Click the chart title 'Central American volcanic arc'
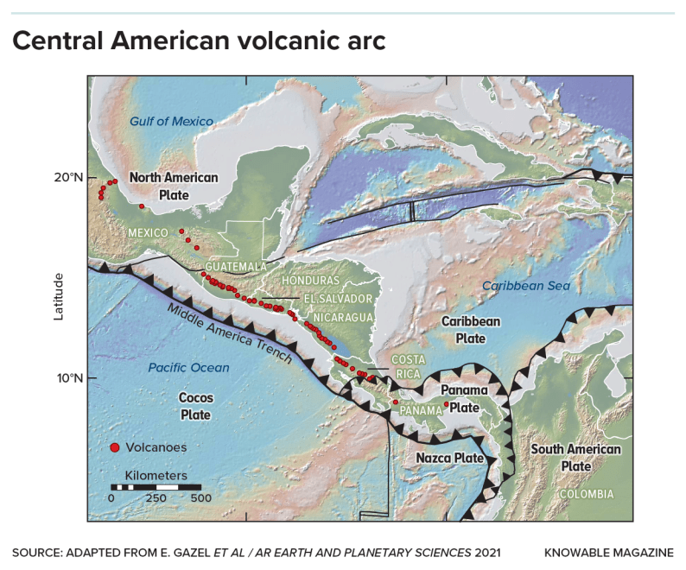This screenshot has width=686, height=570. coord(199,41)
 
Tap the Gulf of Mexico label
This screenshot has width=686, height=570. coord(171,122)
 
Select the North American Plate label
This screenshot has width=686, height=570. coord(174,185)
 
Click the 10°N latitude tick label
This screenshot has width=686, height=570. coord(68,377)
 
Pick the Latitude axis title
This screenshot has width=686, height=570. coord(59,296)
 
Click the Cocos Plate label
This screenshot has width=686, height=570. coord(194,406)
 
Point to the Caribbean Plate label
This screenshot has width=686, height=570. coord(471,330)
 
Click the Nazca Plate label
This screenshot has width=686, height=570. coord(444,458)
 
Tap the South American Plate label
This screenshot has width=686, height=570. coord(575,458)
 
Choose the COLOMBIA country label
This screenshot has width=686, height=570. coord(585,494)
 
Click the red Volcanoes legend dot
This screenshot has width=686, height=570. coord(114,447)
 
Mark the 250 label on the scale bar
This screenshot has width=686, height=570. coord(156,498)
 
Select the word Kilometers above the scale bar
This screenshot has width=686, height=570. coord(156,476)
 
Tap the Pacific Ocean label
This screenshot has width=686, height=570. coord(188,368)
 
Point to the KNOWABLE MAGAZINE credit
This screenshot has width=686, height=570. coord(609,551)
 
